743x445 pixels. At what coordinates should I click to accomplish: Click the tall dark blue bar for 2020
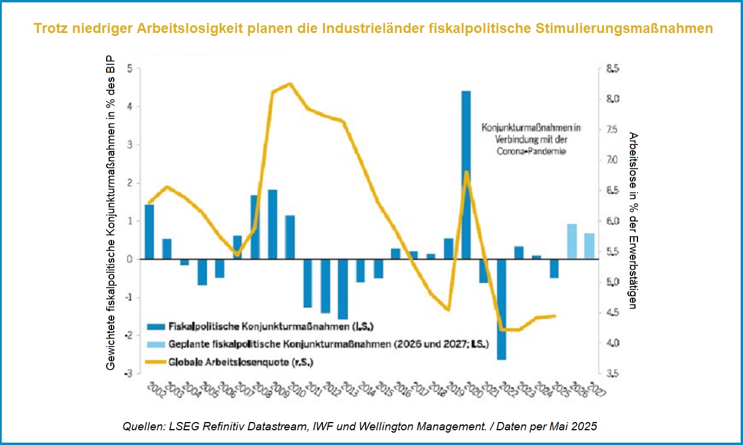(x=466, y=175)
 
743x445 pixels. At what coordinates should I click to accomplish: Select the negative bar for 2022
(x=501, y=309)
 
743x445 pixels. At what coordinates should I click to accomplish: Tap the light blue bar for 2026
(x=571, y=242)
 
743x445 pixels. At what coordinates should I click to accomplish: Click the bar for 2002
(x=149, y=232)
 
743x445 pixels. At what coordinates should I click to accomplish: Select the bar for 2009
(x=272, y=225)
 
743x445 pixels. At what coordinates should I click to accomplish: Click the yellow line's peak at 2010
(x=290, y=84)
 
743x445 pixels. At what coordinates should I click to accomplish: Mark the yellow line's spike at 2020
(x=466, y=172)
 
